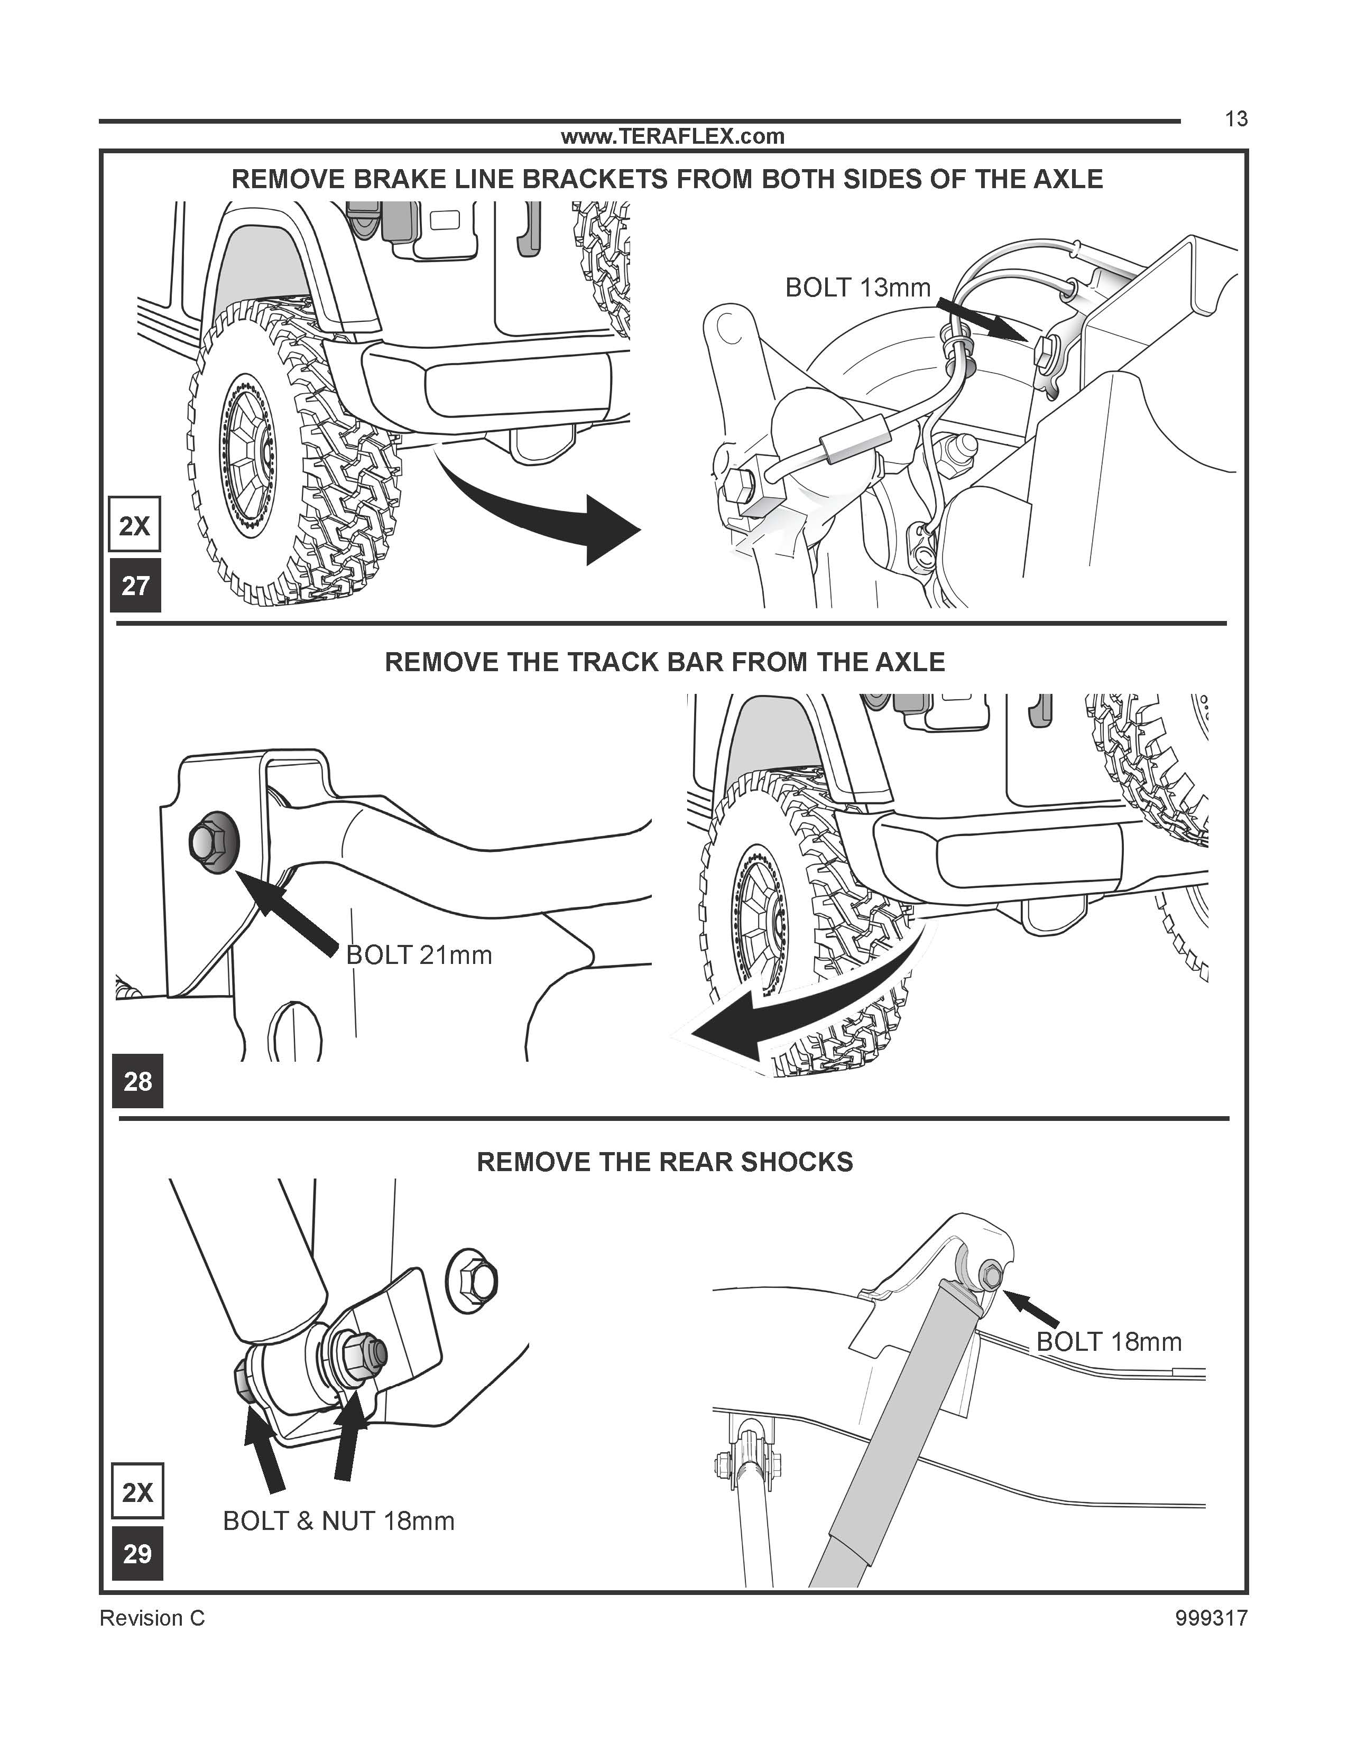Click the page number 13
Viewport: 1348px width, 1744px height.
tap(1235, 119)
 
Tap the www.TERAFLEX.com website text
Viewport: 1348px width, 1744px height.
tap(672, 136)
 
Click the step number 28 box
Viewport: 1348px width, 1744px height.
tap(137, 1081)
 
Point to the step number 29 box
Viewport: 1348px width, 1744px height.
tap(137, 1553)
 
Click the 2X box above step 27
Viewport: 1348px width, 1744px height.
tap(134, 525)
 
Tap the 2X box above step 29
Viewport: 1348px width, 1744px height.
tap(137, 1491)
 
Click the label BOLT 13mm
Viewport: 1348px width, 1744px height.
tap(857, 287)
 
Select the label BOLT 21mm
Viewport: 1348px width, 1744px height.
tap(419, 954)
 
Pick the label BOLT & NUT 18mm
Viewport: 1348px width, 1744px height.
tap(339, 1521)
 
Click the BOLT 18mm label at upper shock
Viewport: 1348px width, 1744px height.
tap(1109, 1341)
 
